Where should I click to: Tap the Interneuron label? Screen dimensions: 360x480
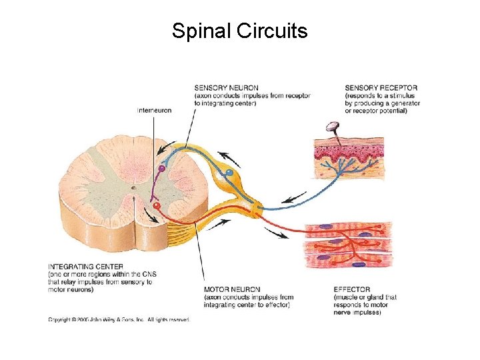(155, 110)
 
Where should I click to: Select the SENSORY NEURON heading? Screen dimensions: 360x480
(226, 88)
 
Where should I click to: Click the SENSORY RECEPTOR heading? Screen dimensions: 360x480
(381, 87)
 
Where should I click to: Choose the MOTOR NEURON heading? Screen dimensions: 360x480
(231, 290)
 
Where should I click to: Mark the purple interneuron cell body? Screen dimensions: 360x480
(161, 169)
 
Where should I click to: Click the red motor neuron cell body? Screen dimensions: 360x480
(157, 206)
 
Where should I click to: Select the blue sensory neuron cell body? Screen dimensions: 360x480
(229, 173)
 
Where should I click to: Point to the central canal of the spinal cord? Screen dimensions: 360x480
(133, 188)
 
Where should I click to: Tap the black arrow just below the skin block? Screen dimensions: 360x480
(294, 197)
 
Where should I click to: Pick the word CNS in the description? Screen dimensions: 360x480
(133, 275)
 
